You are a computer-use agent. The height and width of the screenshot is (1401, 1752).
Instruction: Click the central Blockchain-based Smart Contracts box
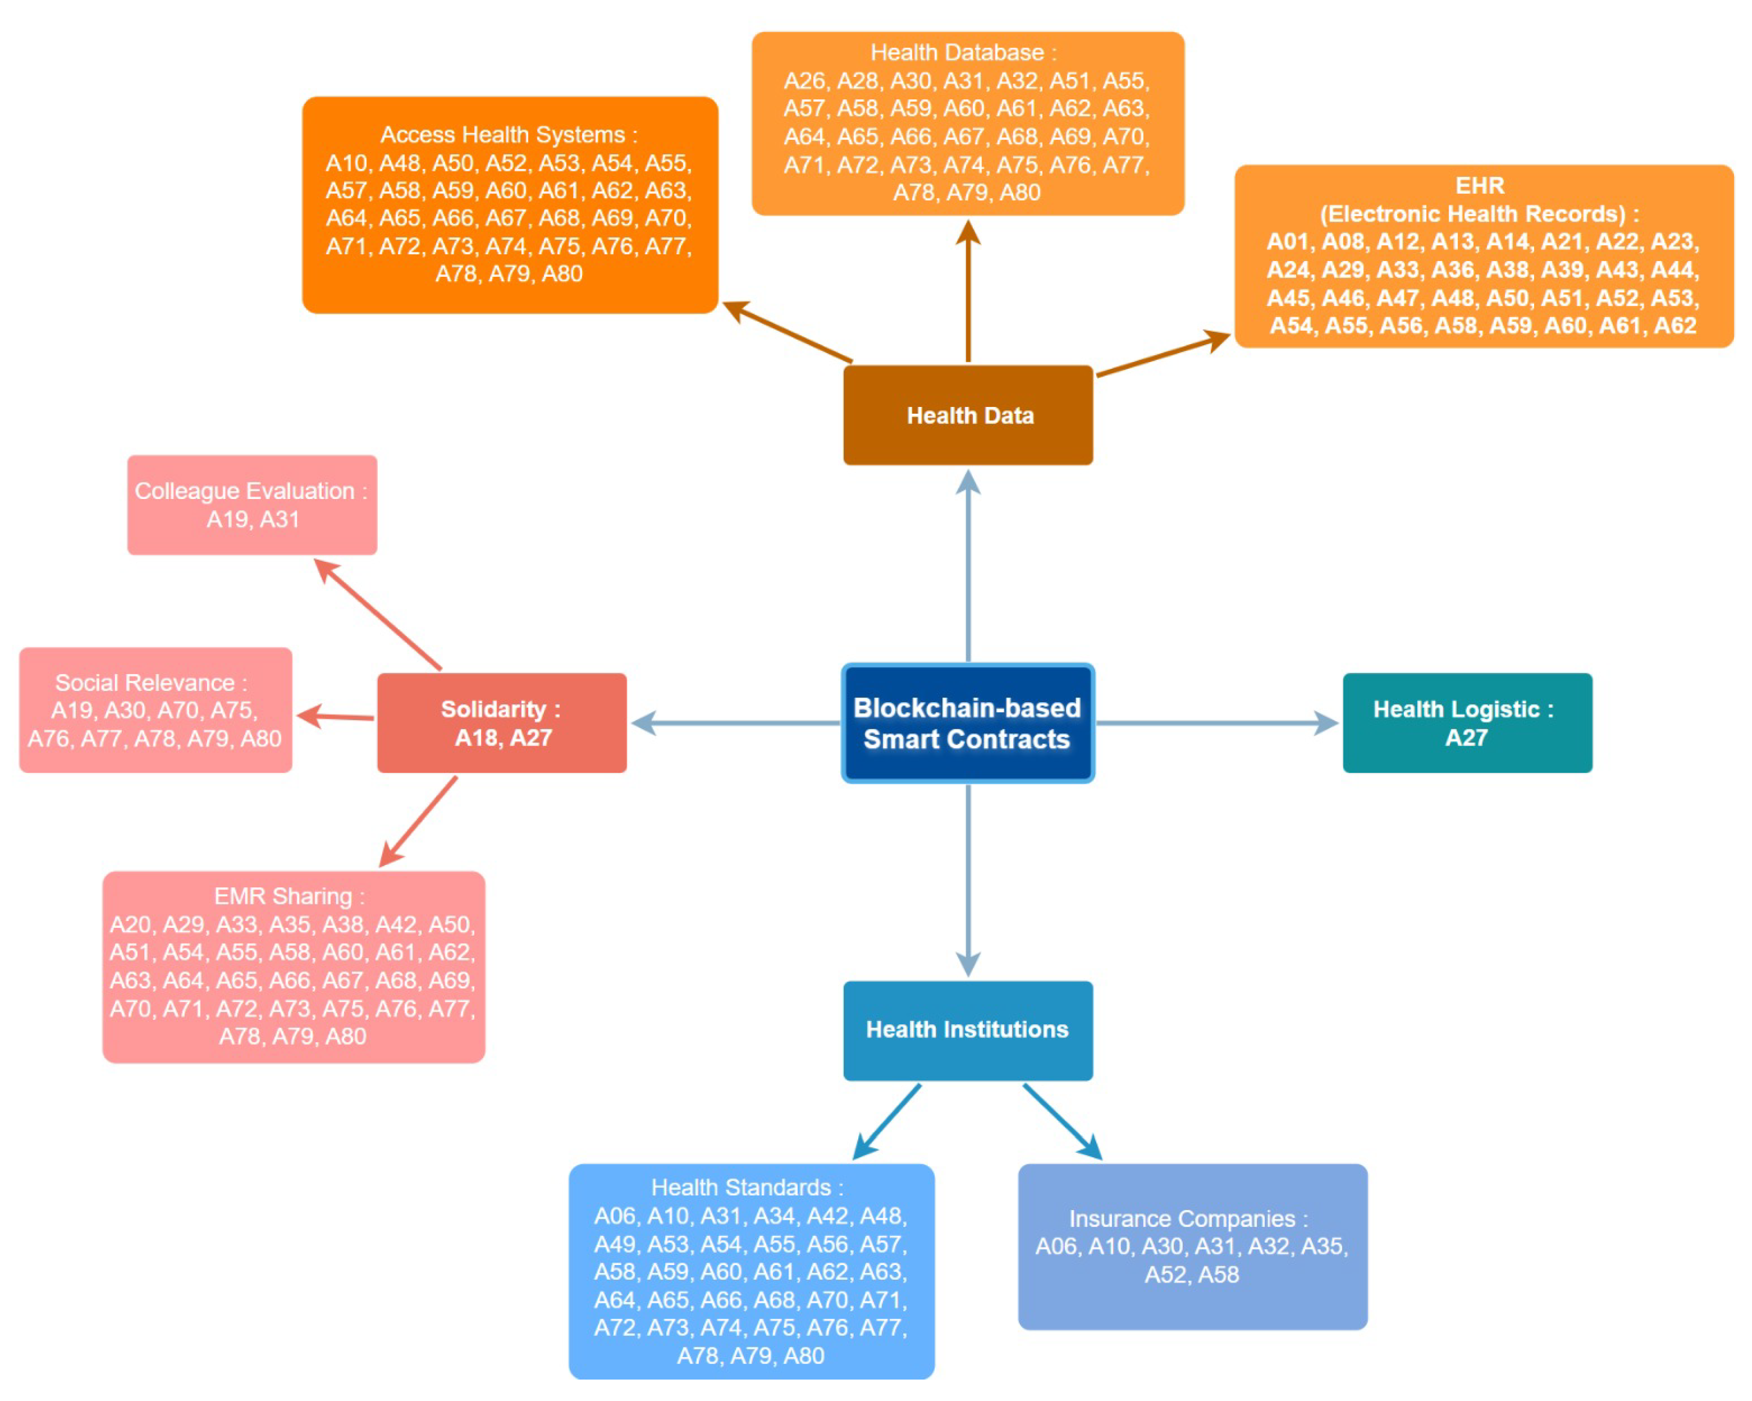click(x=967, y=723)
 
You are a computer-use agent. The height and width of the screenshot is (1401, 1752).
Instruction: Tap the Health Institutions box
click(x=967, y=1030)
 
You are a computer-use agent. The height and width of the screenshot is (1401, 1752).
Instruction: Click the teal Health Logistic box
click(x=1467, y=723)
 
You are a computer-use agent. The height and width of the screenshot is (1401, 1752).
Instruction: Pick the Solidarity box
click(x=501, y=723)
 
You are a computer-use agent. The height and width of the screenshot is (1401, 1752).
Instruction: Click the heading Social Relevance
click(x=145, y=683)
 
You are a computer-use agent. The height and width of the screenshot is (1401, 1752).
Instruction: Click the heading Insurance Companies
click(x=1182, y=1218)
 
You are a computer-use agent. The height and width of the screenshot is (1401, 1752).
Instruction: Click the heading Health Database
click(x=957, y=53)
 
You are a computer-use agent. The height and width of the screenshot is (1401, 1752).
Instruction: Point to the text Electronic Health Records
click(x=1472, y=214)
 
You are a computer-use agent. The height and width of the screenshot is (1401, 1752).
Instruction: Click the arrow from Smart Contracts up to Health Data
click(x=968, y=569)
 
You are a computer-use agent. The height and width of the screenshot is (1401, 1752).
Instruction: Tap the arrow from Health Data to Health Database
click(x=968, y=292)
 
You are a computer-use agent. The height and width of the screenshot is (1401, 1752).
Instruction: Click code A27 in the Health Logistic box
click(x=1466, y=738)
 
